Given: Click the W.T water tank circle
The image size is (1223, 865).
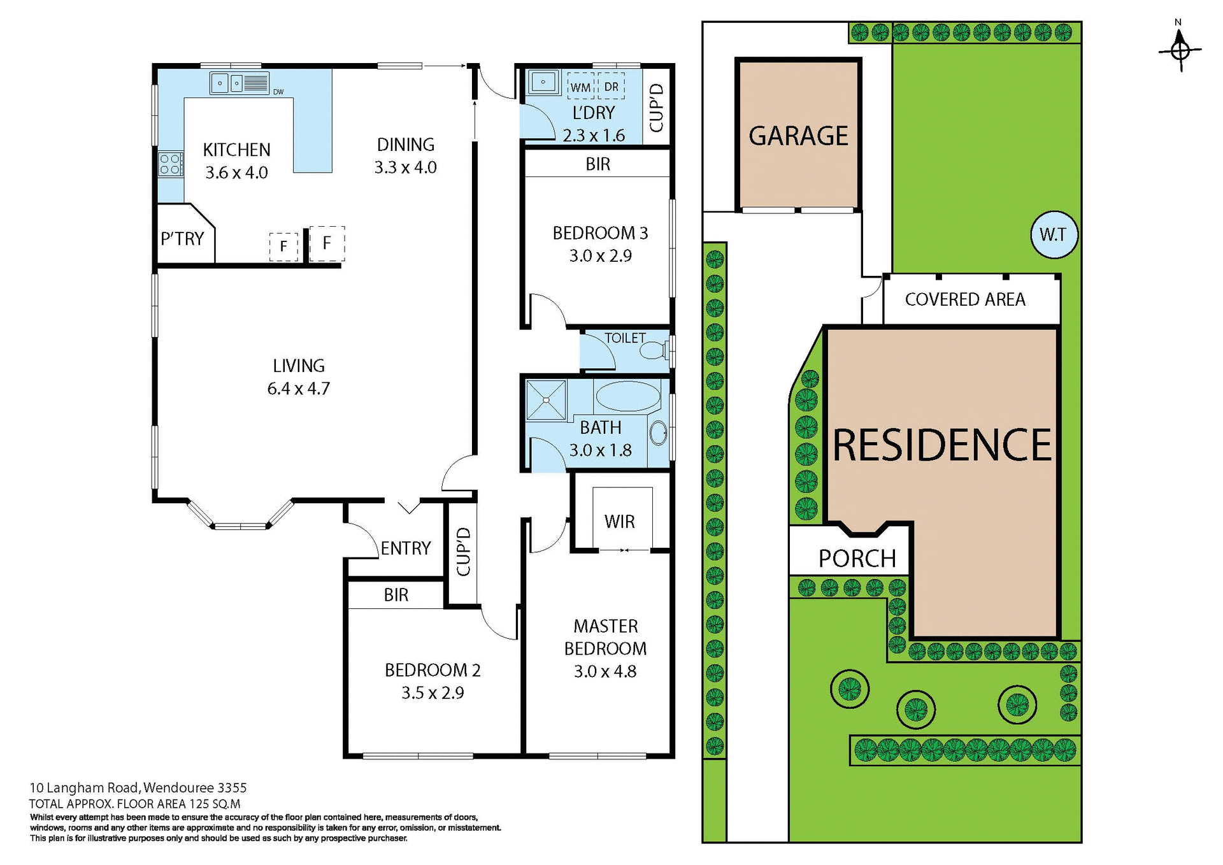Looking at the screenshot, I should click(1054, 234).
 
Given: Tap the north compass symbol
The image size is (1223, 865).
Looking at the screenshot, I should click(1180, 50).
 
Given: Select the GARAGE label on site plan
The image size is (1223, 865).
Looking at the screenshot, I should click(798, 136).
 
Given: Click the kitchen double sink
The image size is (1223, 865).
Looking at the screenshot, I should click(227, 83).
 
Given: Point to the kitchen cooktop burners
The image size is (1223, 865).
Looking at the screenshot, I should click(170, 164).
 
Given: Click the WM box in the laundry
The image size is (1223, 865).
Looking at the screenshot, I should click(580, 87).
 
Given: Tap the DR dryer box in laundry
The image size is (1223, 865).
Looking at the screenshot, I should click(611, 87).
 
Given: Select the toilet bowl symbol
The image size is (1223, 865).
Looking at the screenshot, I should click(654, 350).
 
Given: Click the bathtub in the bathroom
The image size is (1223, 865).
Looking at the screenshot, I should click(627, 396).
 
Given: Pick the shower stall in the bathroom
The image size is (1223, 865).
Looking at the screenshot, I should click(546, 400).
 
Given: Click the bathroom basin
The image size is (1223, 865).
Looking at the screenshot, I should click(658, 434).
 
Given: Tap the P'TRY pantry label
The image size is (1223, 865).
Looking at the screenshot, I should click(182, 239).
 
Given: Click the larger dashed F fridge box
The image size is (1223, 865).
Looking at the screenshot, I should click(327, 243).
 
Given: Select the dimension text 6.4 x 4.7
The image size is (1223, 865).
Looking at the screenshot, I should click(298, 389).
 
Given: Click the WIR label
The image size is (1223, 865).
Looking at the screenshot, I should click(619, 522).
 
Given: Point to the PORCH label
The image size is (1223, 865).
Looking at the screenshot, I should click(857, 559).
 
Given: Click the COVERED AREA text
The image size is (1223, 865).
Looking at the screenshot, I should click(964, 299).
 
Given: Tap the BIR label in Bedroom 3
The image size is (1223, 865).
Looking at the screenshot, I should click(597, 164).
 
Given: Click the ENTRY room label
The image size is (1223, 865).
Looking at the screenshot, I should click(406, 548).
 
